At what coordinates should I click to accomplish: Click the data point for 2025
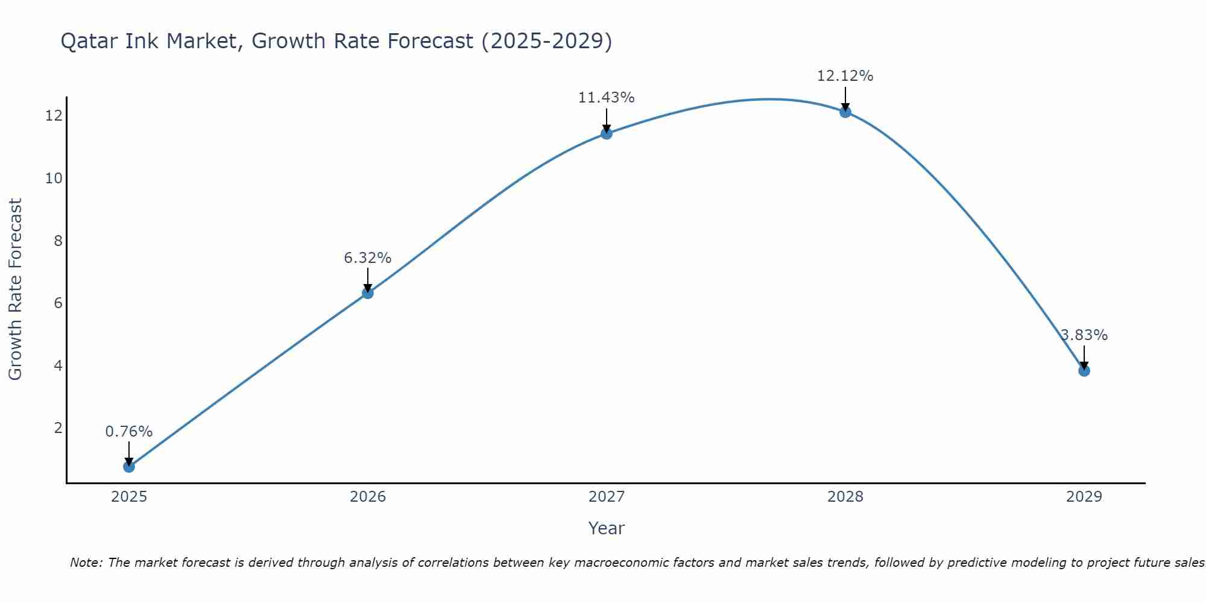click(128, 466)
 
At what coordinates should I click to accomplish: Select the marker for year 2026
click(367, 292)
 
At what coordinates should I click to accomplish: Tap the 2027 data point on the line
click(606, 133)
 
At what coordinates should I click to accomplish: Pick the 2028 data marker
click(845, 112)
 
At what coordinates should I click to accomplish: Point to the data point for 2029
click(1084, 370)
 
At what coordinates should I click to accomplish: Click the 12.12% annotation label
click(845, 76)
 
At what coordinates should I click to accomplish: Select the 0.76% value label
click(128, 432)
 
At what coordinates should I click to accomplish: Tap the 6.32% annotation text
click(367, 258)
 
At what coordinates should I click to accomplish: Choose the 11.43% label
click(606, 98)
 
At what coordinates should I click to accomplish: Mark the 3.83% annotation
click(1084, 335)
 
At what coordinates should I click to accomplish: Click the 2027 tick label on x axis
click(606, 497)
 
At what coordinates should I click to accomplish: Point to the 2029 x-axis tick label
click(1084, 497)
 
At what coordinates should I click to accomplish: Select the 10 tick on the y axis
click(54, 178)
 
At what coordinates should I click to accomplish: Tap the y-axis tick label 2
click(58, 428)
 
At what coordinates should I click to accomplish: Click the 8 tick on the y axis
click(58, 241)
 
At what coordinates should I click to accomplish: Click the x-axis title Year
click(606, 528)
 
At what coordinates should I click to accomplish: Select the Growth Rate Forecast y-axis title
click(15, 289)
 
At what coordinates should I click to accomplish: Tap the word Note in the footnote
click(86, 563)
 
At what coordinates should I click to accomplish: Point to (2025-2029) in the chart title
click(547, 42)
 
